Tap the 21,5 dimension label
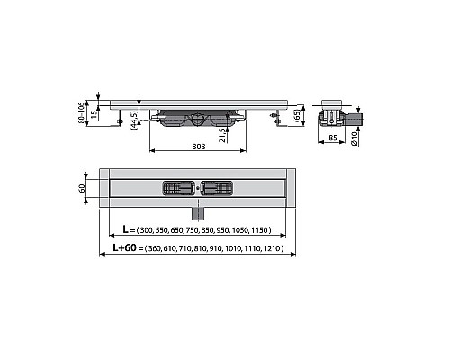(x=221, y=135)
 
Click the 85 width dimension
(x=332, y=138)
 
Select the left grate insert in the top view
(x=175, y=188)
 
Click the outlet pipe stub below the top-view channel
(x=196, y=212)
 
